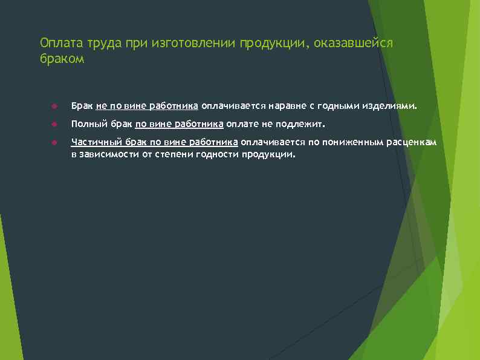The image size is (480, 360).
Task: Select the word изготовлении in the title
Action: coord(190,44)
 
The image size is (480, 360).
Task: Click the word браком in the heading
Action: coord(63,60)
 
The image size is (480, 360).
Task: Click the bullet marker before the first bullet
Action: coord(54,106)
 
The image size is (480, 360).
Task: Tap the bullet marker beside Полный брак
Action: coord(54,125)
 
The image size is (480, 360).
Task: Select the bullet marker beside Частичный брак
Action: coord(54,143)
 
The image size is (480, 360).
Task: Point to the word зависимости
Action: coord(106,154)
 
